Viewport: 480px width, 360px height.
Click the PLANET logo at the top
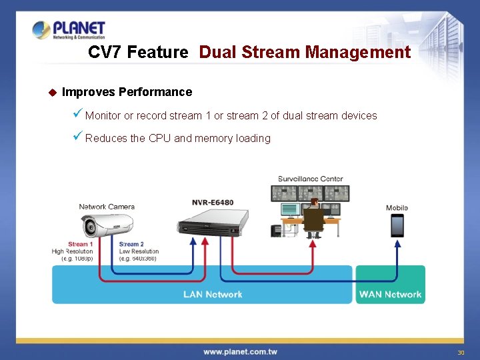pyautogui.click(x=69, y=31)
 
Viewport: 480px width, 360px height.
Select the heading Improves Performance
pyautogui.click(x=127, y=92)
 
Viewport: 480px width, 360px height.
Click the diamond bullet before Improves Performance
pyautogui.click(x=53, y=92)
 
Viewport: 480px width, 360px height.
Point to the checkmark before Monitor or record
pyautogui.click(x=77, y=115)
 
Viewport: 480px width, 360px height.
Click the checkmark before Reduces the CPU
pyautogui.click(x=77, y=137)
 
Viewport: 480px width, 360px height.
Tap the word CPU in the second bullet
pyautogui.click(x=160, y=139)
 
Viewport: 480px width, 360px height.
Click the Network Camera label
pyautogui.click(x=107, y=207)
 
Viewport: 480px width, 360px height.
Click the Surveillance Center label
pyautogui.click(x=311, y=179)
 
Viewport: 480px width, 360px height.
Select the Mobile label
pyautogui.click(x=397, y=208)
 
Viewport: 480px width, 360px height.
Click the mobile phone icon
pyautogui.click(x=397, y=225)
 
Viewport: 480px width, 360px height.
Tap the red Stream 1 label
pyautogui.click(x=81, y=245)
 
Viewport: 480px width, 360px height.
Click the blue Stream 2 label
pyautogui.click(x=131, y=245)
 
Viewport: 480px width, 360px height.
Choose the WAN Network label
pyautogui.click(x=390, y=294)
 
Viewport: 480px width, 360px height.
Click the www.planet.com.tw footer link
pyautogui.click(x=240, y=351)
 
